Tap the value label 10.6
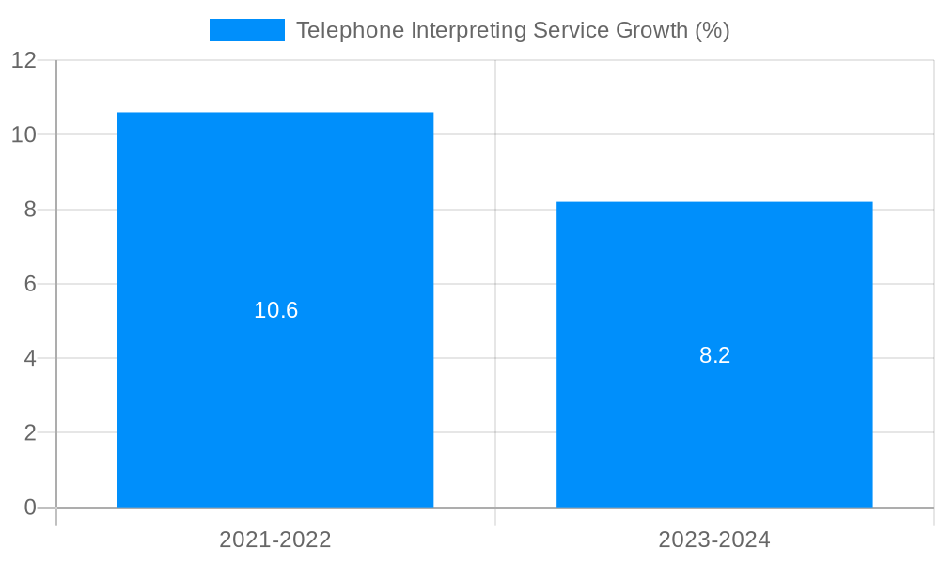tap(275, 310)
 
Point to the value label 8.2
tap(714, 355)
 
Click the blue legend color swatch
tap(246, 30)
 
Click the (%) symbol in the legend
tap(713, 30)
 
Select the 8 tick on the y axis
tap(30, 210)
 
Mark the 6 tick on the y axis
tap(30, 284)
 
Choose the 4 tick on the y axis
tap(30, 358)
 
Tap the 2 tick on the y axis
tap(30, 433)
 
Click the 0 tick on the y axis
tap(30, 508)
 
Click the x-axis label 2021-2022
tap(275, 540)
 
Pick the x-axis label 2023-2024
tap(714, 540)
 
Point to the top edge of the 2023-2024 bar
tap(714, 202)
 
